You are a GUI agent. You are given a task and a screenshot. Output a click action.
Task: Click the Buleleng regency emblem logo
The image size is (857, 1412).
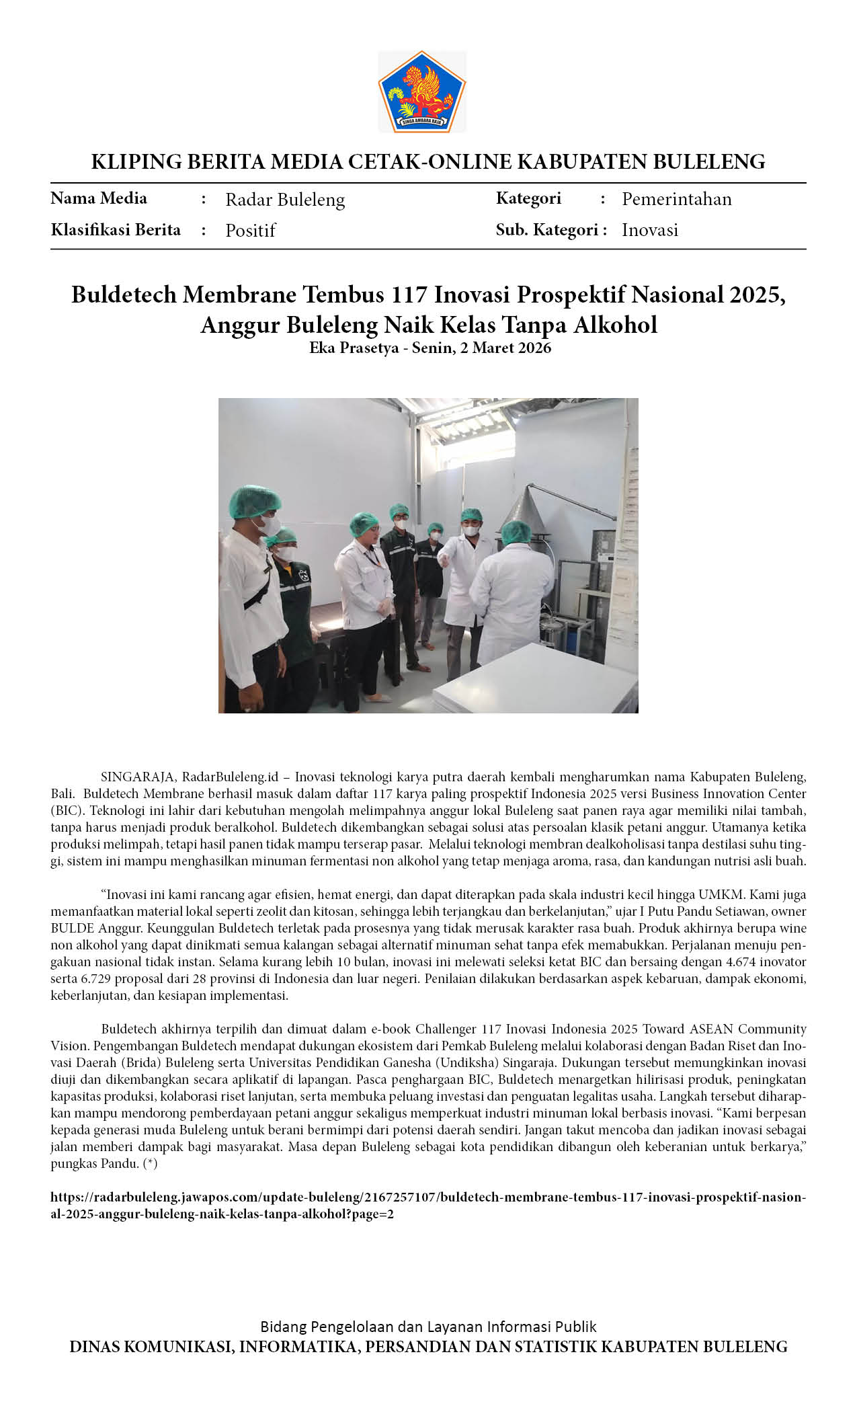click(x=422, y=92)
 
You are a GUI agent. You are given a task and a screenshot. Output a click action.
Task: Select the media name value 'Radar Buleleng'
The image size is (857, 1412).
click(x=285, y=200)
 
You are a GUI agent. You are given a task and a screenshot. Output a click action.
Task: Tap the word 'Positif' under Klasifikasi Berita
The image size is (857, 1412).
click(x=251, y=231)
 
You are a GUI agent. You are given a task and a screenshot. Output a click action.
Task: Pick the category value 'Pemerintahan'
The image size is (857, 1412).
click(x=676, y=199)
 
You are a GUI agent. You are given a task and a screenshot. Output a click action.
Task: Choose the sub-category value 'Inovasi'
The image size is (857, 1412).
click(x=649, y=230)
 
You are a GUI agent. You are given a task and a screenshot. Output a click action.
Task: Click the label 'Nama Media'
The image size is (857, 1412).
click(x=99, y=198)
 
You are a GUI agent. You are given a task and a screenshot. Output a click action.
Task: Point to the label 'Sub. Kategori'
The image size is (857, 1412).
click(x=547, y=230)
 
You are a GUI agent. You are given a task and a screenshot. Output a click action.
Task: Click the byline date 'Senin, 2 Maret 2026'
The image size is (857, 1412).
click(x=481, y=348)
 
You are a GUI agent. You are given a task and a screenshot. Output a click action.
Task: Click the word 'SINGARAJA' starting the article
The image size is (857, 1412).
click(x=138, y=777)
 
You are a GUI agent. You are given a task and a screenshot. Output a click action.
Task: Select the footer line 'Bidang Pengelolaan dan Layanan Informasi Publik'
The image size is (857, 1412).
click(x=428, y=1327)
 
